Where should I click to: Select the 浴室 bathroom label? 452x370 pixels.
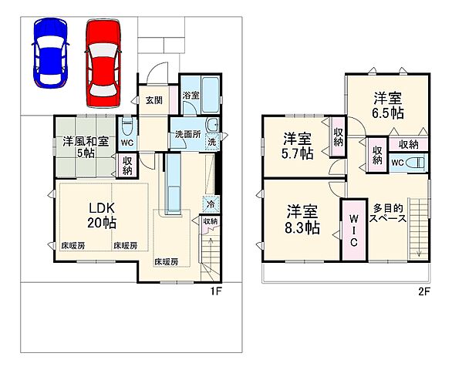click(191, 96)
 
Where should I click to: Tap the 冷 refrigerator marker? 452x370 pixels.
click(208, 204)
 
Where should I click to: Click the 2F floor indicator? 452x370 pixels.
click(423, 291)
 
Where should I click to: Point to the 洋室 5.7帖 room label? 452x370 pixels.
click(297, 146)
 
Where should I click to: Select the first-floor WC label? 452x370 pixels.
click(126, 142)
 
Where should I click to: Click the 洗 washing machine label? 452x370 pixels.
click(211, 141)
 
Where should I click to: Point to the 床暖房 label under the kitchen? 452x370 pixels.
click(165, 261)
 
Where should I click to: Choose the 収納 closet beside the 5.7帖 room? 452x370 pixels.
click(338, 136)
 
